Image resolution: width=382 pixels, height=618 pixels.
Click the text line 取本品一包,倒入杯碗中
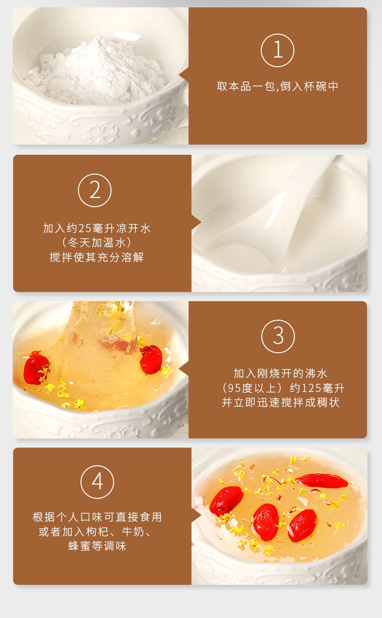[278, 87]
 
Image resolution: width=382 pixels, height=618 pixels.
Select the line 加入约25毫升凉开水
[97, 228]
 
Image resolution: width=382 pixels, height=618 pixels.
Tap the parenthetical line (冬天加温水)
[97, 243]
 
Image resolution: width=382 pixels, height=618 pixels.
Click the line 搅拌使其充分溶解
[97, 257]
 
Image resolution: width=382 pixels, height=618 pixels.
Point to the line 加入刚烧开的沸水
[281, 374]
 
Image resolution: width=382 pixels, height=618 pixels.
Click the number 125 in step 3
[311, 388]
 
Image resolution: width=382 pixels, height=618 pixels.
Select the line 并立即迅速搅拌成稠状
[281, 403]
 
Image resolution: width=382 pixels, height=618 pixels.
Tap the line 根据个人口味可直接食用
[97, 517]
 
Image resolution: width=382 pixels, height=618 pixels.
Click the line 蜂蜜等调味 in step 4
[97, 546]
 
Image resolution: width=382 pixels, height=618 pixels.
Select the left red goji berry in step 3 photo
[37, 368]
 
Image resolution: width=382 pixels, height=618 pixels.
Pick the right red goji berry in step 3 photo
[151, 359]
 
